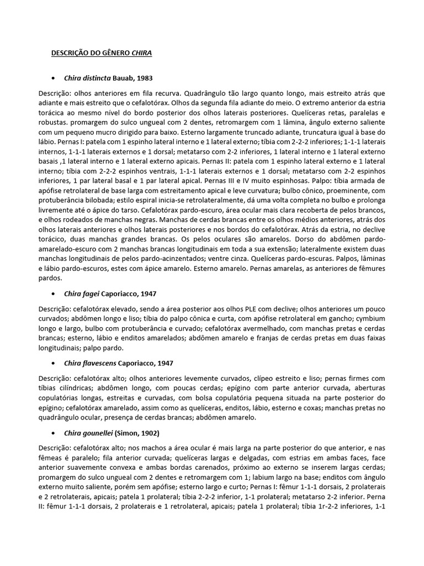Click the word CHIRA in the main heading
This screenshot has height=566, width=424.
coord(141,53)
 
